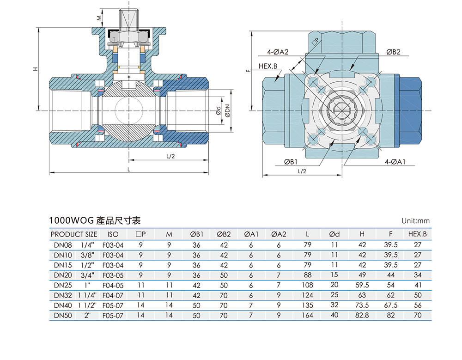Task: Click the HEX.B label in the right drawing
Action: click(x=268, y=67)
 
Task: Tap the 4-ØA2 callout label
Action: click(x=278, y=52)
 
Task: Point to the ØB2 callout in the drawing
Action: click(x=393, y=52)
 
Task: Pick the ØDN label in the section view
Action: click(x=227, y=111)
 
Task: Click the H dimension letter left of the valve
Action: click(x=35, y=69)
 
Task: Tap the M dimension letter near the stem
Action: click(x=98, y=18)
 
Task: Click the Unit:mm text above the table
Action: click(x=416, y=221)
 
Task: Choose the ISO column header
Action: click(x=112, y=234)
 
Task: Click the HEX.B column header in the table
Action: click(x=418, y=234)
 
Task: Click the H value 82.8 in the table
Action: click(x=362, y=315)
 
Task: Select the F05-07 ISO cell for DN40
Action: click(x=112, y=305)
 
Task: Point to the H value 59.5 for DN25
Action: click(x=362, y=285)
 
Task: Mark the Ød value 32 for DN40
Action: click(x=334, y=305)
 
